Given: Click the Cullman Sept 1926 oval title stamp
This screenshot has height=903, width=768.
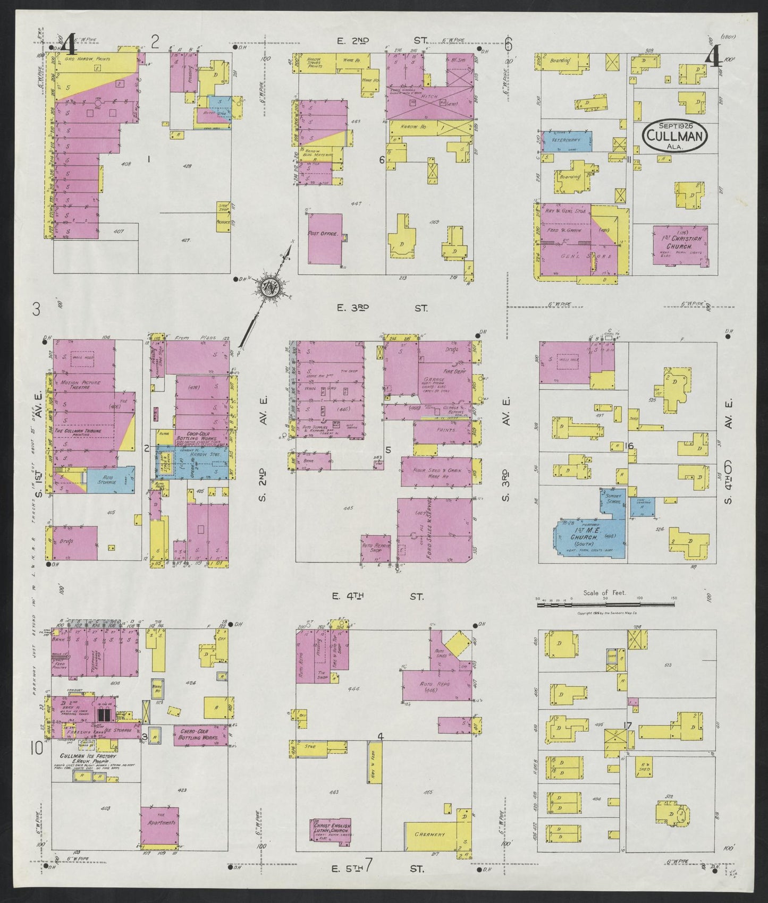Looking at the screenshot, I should coord(675,135).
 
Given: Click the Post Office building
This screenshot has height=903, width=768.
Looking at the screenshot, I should coord(325,238).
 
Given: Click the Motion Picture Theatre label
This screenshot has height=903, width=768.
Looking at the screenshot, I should coord(74,384).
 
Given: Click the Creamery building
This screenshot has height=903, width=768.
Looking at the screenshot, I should coord(430,849).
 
